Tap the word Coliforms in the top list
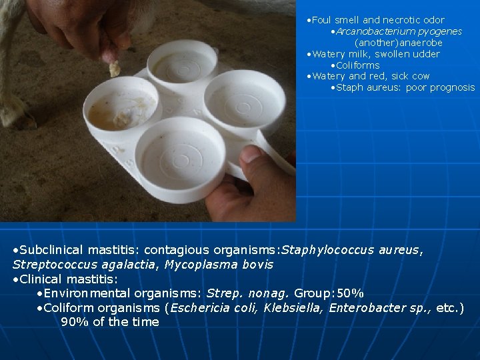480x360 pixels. tap(358, 65)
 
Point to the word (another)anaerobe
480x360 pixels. tap(398, 43)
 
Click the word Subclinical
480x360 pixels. tap(51, 250)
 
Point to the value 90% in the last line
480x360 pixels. tap(73, 322)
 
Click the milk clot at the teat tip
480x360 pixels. tap(114, 68)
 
